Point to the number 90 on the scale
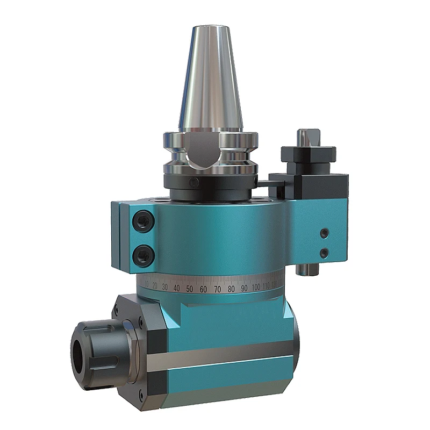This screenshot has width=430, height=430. coord(244,288)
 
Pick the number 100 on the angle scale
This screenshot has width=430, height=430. coord(256,286)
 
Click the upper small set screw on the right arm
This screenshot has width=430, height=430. coord(323,233)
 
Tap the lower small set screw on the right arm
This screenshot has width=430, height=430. coord(323,252)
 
